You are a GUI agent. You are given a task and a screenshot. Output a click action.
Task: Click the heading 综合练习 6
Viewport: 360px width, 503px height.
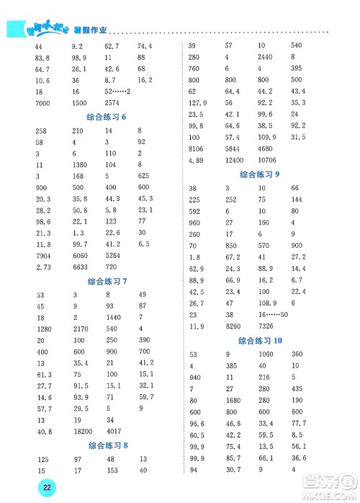(x=106, y=117)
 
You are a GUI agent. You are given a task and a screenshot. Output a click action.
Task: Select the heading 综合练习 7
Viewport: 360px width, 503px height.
(x=106, y=281)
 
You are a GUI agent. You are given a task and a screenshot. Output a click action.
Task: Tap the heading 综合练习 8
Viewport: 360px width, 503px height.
(x=106, y=445)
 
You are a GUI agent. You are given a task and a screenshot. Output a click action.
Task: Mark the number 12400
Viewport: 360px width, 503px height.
(x=235, y=159)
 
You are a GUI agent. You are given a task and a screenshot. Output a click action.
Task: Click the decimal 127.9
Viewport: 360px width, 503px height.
(x=198, y=102)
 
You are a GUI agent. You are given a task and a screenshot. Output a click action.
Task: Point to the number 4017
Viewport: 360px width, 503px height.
(x=114, y=432)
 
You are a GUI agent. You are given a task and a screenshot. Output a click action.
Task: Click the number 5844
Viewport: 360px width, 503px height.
(x=233, y=148)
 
